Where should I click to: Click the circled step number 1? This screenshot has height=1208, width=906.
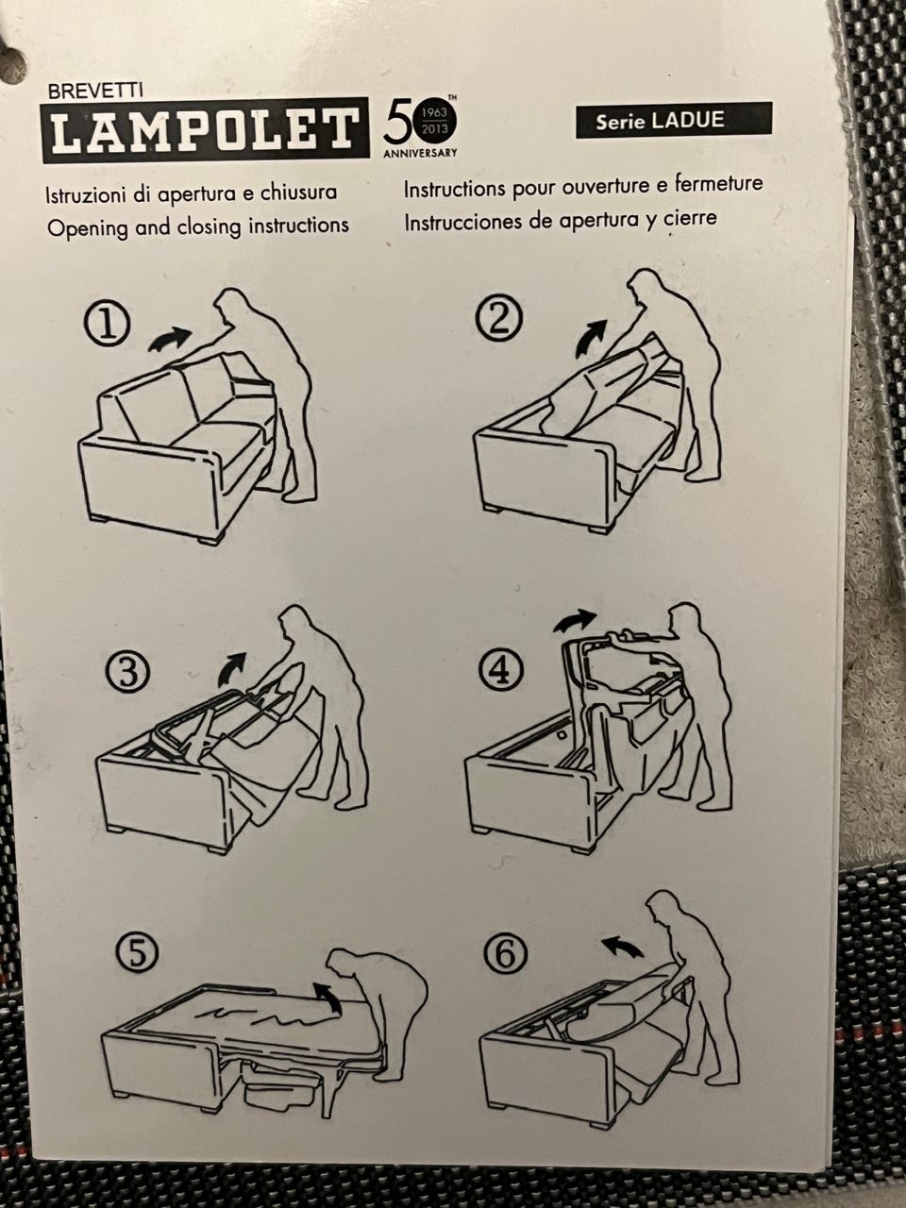(108, 327)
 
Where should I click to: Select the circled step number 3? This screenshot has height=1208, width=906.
(127, 673)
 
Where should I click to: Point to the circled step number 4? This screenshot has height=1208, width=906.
(499, 670)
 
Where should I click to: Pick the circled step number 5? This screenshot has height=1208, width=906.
(138, 951)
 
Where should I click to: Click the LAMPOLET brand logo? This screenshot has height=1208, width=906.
(205, 131)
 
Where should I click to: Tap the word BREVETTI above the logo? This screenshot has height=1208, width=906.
(95, 92)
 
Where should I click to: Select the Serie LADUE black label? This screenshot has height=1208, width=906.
(674, 120)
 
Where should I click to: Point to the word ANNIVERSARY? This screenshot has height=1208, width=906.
(420, 153)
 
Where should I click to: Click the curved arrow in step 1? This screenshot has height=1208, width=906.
(170, 337)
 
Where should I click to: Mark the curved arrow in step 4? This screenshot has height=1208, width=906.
(574, 621)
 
